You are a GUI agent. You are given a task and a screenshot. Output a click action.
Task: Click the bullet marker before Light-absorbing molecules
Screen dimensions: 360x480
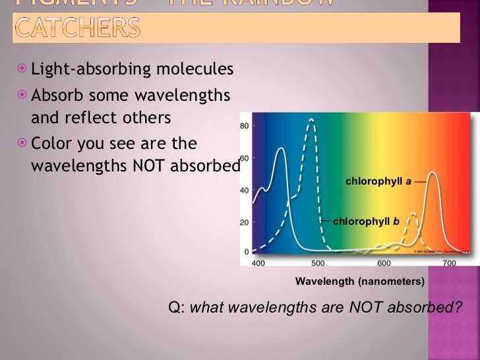coord(23,69)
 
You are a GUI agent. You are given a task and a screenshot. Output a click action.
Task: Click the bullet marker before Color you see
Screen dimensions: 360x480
coord(23,142)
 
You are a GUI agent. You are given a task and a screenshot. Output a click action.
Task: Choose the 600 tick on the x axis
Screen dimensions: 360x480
coord(384,264)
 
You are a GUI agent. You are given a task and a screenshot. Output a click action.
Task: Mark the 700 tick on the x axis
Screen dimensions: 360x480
coord(449,264)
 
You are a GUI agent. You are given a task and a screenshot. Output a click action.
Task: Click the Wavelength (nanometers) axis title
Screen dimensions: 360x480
coord(359,282)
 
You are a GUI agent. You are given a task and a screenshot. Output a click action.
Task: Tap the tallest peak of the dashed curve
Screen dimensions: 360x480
coord(311,120)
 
